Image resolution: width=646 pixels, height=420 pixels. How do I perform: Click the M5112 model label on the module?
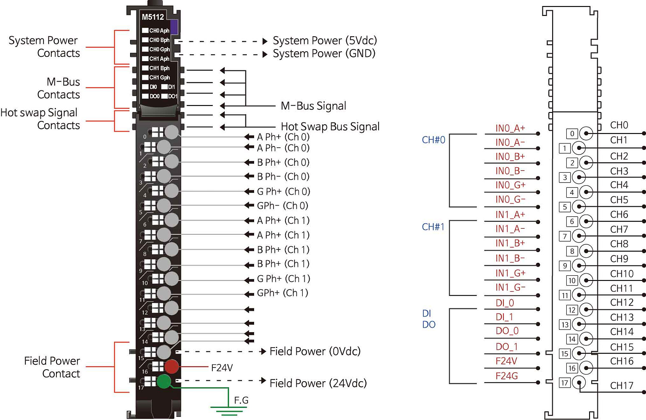153,17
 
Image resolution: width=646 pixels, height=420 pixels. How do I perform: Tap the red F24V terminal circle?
171,367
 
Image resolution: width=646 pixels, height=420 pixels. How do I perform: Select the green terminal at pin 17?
164,381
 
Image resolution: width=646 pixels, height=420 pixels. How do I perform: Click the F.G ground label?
241,400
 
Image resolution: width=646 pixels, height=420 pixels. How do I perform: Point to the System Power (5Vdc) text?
325,40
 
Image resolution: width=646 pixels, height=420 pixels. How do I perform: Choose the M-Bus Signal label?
313,106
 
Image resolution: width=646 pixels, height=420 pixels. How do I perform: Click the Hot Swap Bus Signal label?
330,127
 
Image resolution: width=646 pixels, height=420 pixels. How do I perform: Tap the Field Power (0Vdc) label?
315,352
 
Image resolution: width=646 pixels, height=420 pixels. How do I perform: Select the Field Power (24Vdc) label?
318,383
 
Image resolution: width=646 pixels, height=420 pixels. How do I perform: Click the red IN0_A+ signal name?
510,128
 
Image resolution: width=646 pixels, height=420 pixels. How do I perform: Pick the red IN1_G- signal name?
510,287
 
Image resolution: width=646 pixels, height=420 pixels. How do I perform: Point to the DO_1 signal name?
506,347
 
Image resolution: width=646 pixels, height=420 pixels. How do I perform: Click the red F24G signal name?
506,376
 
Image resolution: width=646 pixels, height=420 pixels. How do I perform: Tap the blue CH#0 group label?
433,140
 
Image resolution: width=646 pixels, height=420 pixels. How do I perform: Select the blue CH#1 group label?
433,227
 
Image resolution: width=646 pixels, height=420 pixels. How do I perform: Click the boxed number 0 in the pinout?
572,134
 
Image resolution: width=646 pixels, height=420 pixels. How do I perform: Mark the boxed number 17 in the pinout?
565,383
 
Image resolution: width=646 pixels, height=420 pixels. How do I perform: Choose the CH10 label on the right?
621,274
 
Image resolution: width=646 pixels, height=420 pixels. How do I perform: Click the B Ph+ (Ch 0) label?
283,162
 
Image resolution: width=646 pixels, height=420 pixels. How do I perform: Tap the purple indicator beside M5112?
174,27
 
